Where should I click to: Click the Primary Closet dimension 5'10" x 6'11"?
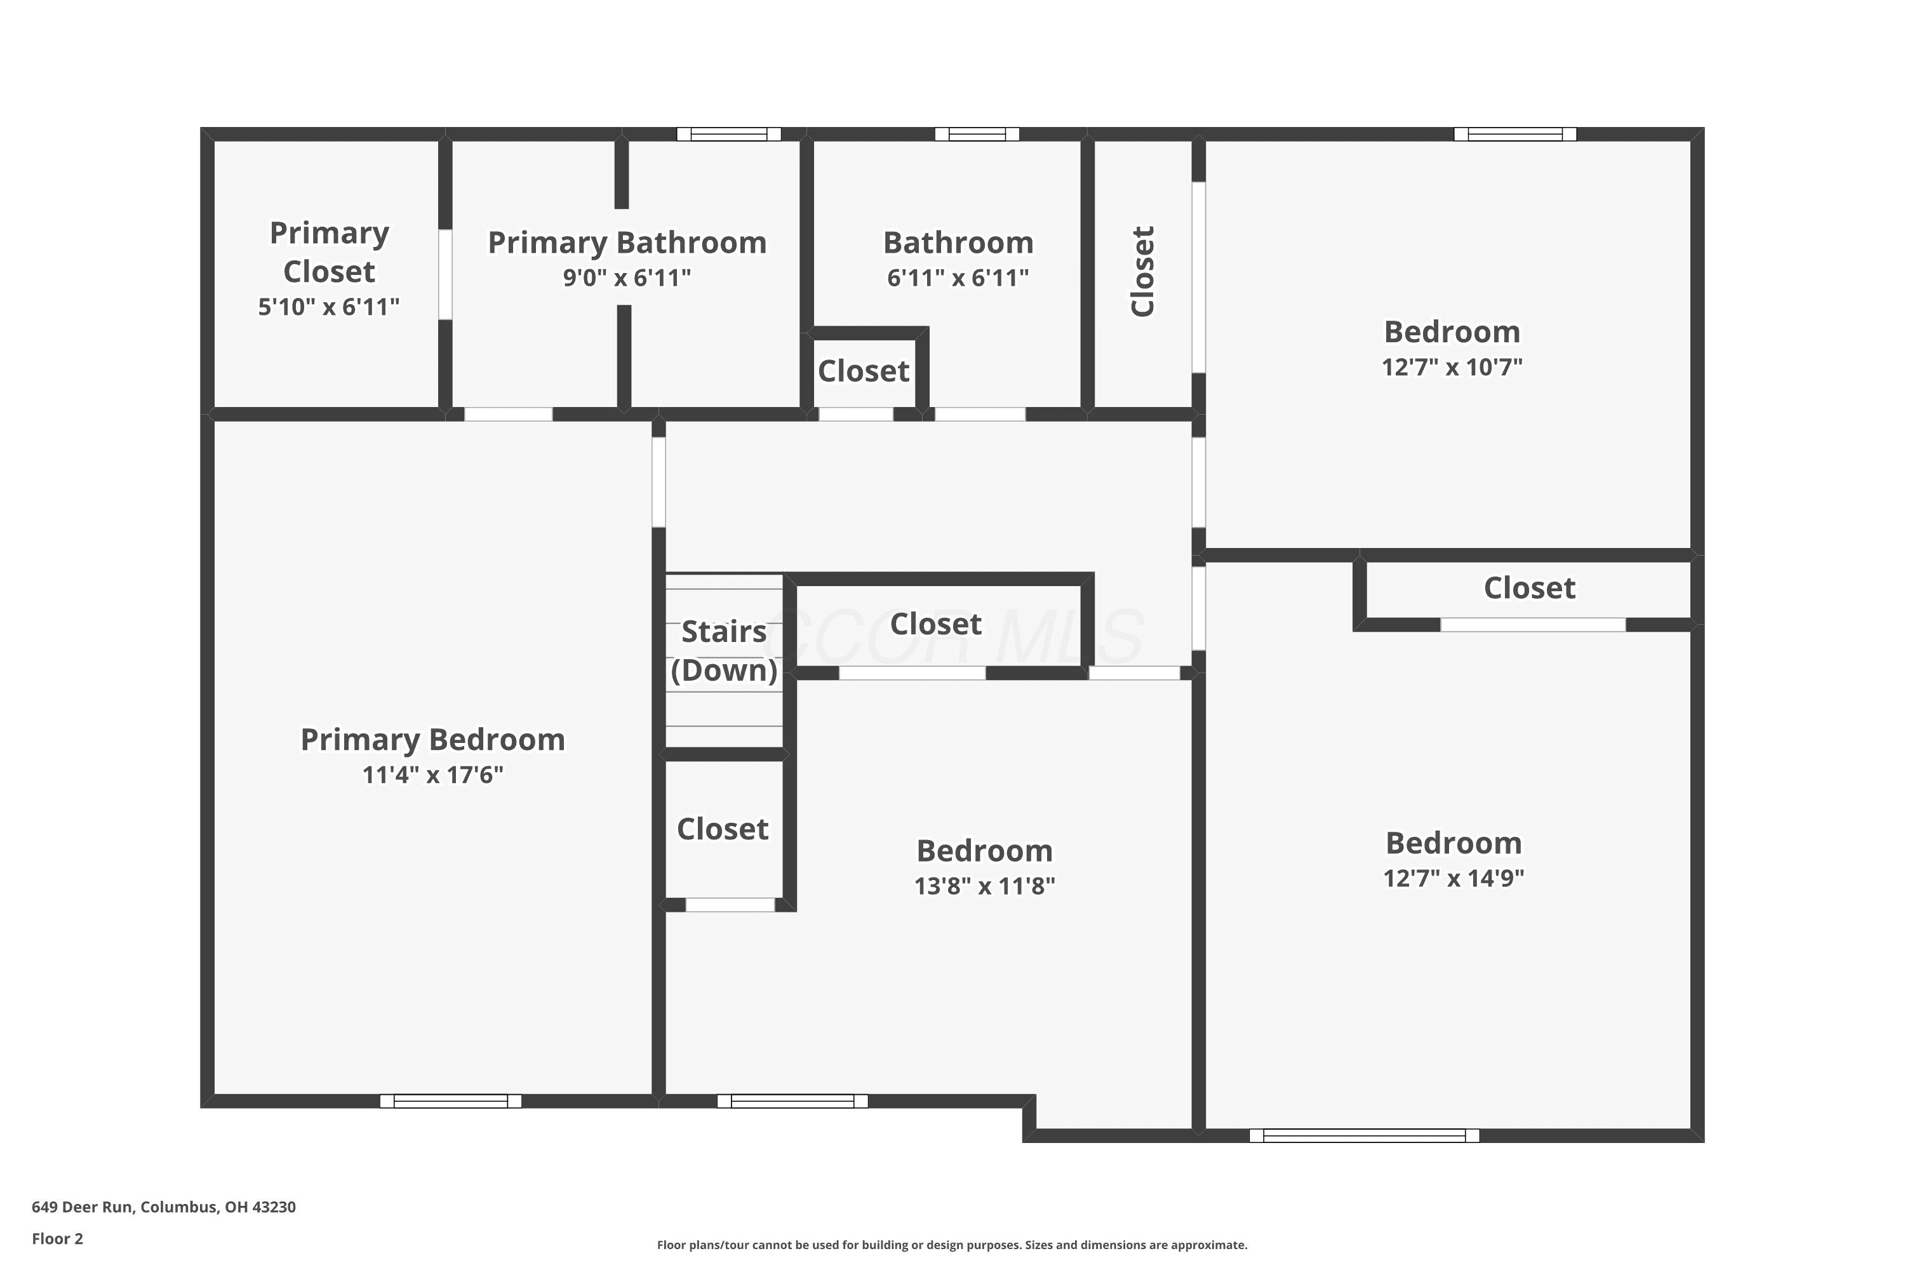point(329,307)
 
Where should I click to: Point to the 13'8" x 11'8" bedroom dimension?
point(985,886)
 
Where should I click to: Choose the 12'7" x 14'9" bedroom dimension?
point(1454,878)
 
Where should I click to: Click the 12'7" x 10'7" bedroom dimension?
point(1452,367)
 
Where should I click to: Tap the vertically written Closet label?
point(1142,271)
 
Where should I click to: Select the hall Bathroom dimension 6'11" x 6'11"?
point(958,278)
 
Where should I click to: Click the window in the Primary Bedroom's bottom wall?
point(451,1100)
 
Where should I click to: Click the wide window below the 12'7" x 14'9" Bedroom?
point(1365,1135)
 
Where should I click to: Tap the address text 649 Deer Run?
point(82,1207)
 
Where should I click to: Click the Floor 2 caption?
point(58,1238)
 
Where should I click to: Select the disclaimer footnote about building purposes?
point(952,1245)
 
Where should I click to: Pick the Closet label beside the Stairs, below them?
point(723,829)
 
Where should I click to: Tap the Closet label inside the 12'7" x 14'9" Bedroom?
point(1530,587)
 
